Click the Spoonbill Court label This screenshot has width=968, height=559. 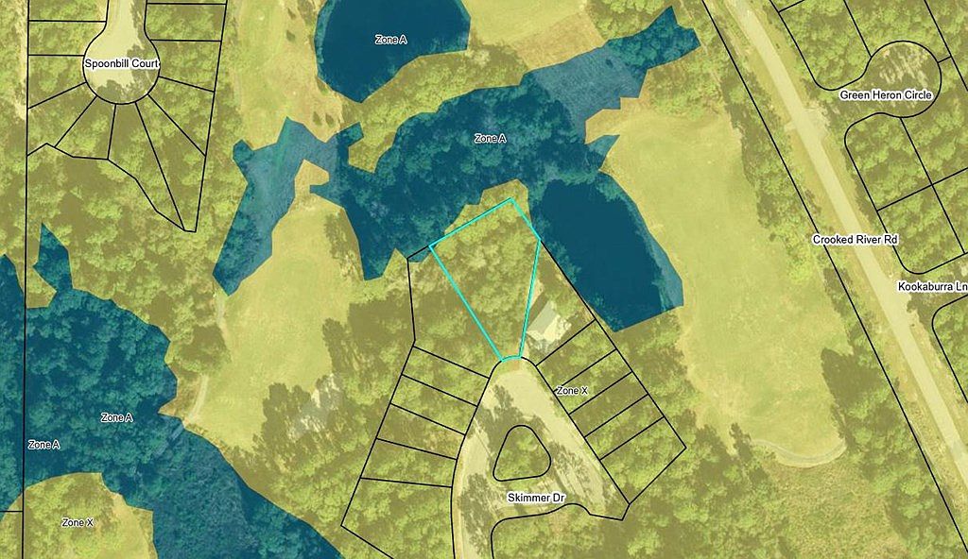click(x=120, y=65)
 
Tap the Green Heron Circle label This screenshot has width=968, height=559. click(x=886, y=95)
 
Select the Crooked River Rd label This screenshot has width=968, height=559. click(x=855, y=240)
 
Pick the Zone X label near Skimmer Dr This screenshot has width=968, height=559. click(x=572, y=390)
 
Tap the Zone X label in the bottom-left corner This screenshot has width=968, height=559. click(x=78, y=522)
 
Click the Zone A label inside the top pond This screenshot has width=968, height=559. click(x=390, y=40)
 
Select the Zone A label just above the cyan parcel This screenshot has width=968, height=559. click(x=490, y=139)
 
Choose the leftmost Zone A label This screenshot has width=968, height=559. click(x=44, y=444)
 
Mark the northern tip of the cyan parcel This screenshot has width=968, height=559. click(x=511, y=199)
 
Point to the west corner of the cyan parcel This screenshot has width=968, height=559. click(x=431, y=246)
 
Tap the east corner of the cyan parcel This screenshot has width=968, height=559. click(x=540, y=239)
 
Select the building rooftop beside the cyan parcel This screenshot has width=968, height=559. click(x=546, y=320)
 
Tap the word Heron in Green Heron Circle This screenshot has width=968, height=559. click(x=885, y=95)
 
